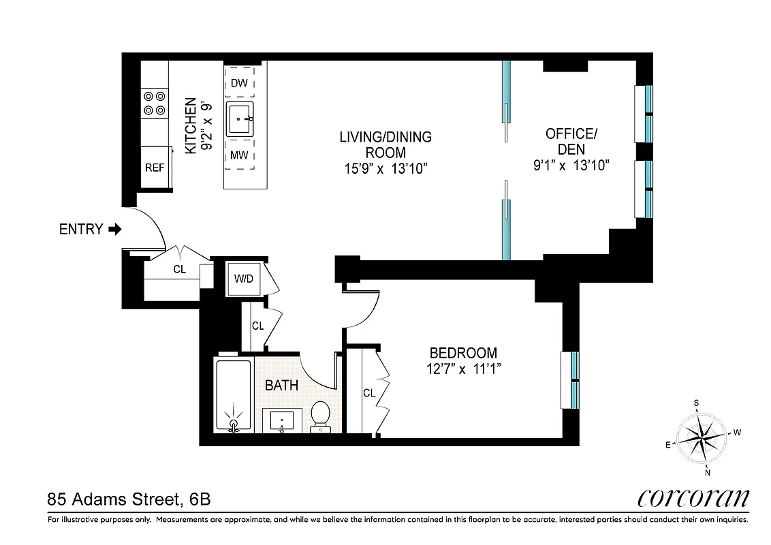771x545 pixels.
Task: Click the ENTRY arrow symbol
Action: (115, 230)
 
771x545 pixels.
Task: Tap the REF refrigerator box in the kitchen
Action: (155, 167)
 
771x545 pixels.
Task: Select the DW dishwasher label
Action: (238, 83)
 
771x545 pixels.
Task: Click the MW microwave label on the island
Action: (238, 155)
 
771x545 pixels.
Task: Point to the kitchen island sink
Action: (240, 119)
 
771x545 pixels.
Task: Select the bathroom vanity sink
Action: (281, 421)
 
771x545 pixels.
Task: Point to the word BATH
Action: (281, 386)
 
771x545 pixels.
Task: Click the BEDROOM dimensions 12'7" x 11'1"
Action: (462, 370)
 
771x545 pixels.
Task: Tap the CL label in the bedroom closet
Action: (368, 393)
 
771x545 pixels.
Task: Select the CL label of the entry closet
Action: (179, 270)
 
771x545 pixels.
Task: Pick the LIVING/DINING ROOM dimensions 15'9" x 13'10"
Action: (385, 168)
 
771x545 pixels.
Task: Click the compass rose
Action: (701, 437)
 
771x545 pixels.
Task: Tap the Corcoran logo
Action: (693, 498)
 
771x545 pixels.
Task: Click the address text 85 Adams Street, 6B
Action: (129, 499)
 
